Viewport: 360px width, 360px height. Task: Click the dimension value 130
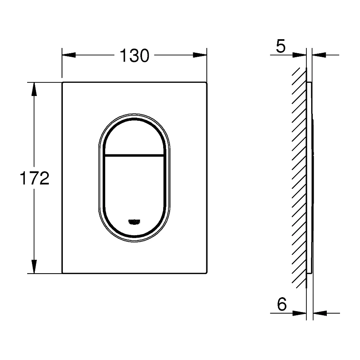click(x=134, y=56)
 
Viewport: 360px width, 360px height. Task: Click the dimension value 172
click(x=34, y=178)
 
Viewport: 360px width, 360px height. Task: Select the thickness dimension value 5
click(x=281, y=47)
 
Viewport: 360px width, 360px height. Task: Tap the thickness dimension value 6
click(x=282, y=305)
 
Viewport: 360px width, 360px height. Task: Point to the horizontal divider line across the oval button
click(x=134, y=154)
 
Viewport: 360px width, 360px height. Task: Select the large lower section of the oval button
click(x=134, y=188)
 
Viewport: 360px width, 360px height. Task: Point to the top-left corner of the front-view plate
click(x=63, y=83)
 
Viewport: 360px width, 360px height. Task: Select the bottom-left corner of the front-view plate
click(x=63, y=273)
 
